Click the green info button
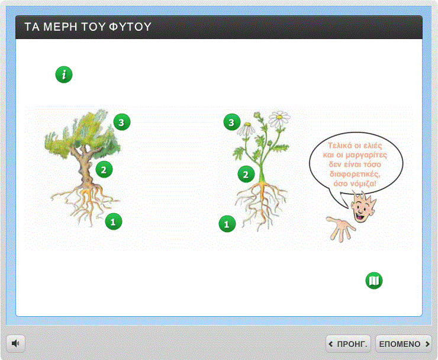tap(64, 75)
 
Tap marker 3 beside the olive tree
tap(121, 122)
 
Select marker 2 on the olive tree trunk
tap(104, 169)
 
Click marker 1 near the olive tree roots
tap(114, 221)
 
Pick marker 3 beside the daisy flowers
tap(232, 122)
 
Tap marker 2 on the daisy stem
tap(246, 175)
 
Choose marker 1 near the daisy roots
tap(227, 224)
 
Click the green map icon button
tap(374, 281)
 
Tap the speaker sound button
tap(15, 343)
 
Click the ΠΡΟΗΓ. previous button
tap(348, 344)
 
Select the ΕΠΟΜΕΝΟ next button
tap(403, 344)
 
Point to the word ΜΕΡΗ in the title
tap(60, 27)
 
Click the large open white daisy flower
tap(279, 118)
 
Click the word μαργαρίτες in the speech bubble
tap(366, 155)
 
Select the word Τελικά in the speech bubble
tap(339, 145)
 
